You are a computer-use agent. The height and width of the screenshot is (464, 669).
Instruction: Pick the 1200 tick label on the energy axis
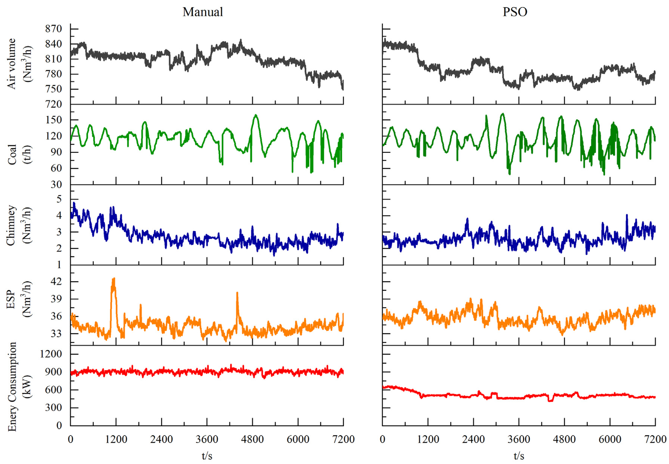tap(51, 354)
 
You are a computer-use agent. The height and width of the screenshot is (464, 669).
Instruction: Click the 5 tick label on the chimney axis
tap(59, 199)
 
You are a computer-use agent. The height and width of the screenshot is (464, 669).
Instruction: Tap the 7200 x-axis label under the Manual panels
tap(343, 439)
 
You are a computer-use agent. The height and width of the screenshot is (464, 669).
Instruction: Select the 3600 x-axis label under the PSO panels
tap(519, 439)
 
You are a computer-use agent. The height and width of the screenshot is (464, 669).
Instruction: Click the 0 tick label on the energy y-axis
tap(59, 425)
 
